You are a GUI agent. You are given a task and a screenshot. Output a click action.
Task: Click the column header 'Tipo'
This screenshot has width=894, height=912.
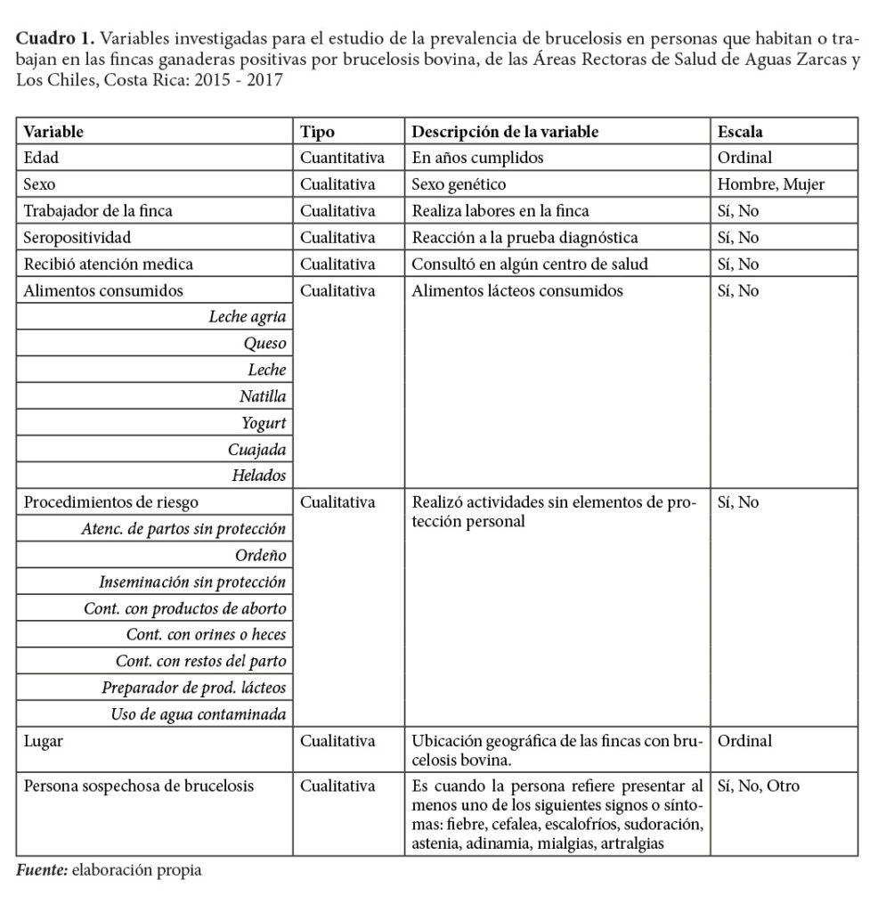tap(318, 132)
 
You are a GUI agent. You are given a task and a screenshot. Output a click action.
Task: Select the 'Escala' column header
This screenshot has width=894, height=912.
tap(739, 132)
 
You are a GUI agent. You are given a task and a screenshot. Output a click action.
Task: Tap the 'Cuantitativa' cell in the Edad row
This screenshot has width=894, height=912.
tap(343, 159)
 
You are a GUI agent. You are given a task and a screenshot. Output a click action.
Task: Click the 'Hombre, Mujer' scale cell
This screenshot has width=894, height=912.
tap(770, 185)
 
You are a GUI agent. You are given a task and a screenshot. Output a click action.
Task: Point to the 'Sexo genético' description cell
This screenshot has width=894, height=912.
tap(459, 185)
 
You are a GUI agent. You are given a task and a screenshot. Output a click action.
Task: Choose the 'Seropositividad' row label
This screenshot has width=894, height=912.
tap(78, 238)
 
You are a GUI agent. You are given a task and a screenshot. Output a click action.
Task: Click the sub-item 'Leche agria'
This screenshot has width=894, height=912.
tap(248, 318)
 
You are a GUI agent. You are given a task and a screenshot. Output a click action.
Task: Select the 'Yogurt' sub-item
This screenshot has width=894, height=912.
tap(264, 423)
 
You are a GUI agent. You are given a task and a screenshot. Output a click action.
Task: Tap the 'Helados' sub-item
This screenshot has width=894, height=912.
tap(259, 476)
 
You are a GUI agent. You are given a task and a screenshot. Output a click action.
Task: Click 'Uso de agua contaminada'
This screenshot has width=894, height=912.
tap(199, 714)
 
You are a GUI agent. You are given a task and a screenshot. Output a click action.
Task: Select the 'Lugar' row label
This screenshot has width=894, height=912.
tap(44, 741)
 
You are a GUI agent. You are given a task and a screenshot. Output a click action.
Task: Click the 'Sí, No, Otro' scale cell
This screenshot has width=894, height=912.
tap(758, 786)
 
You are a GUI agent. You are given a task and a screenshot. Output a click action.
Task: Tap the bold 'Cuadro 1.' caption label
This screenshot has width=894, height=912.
tap(55, 40)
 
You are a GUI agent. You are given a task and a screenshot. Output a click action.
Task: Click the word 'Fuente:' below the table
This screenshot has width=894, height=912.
tap(42, 869)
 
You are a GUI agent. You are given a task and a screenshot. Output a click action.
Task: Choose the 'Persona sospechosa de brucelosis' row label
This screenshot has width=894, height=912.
tap(139, 786)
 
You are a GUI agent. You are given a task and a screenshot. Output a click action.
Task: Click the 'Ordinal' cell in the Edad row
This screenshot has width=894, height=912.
tap(744, 159)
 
